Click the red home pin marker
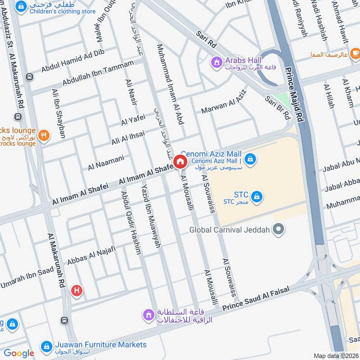[180, 162]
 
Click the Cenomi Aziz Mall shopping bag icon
[251, 159]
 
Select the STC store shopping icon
[257, 197]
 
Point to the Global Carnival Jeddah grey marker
[279, 229]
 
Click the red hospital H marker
[77, 291]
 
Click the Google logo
[19, 354]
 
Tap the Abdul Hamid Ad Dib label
[73, 61]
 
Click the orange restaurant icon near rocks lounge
[44, 135]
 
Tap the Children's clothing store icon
[20, 7]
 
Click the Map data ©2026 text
[336, 355]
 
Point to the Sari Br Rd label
[278, 108]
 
